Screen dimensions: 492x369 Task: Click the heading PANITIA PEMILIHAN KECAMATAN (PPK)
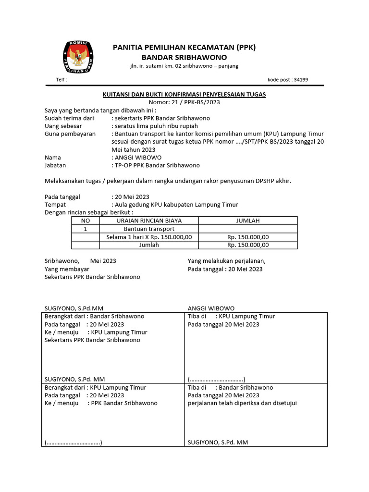tap(184, 47)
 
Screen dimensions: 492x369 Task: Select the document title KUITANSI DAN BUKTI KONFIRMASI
tap(184, 94)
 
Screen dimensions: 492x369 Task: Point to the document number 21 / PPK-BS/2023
tap(184, 102)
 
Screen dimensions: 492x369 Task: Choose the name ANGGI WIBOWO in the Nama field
tap(138, 157)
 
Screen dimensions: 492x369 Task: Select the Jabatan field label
tap(55, 165)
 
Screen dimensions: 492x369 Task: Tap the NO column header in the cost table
tap(85, 221)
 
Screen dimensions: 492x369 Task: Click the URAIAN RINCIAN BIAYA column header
tap(149, 221)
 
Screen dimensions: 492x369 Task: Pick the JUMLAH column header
tap(247, 221)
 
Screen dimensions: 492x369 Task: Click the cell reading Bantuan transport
tap(149, 229)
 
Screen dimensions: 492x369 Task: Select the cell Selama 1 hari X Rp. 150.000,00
tap(149, 237)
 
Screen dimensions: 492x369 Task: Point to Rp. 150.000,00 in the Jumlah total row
tap(247, 245)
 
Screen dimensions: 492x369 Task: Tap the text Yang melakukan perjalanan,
tap(226, 261)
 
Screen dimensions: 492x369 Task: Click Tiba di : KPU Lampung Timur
tap(231, 316)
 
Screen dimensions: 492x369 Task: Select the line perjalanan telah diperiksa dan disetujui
tap(242, 403)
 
